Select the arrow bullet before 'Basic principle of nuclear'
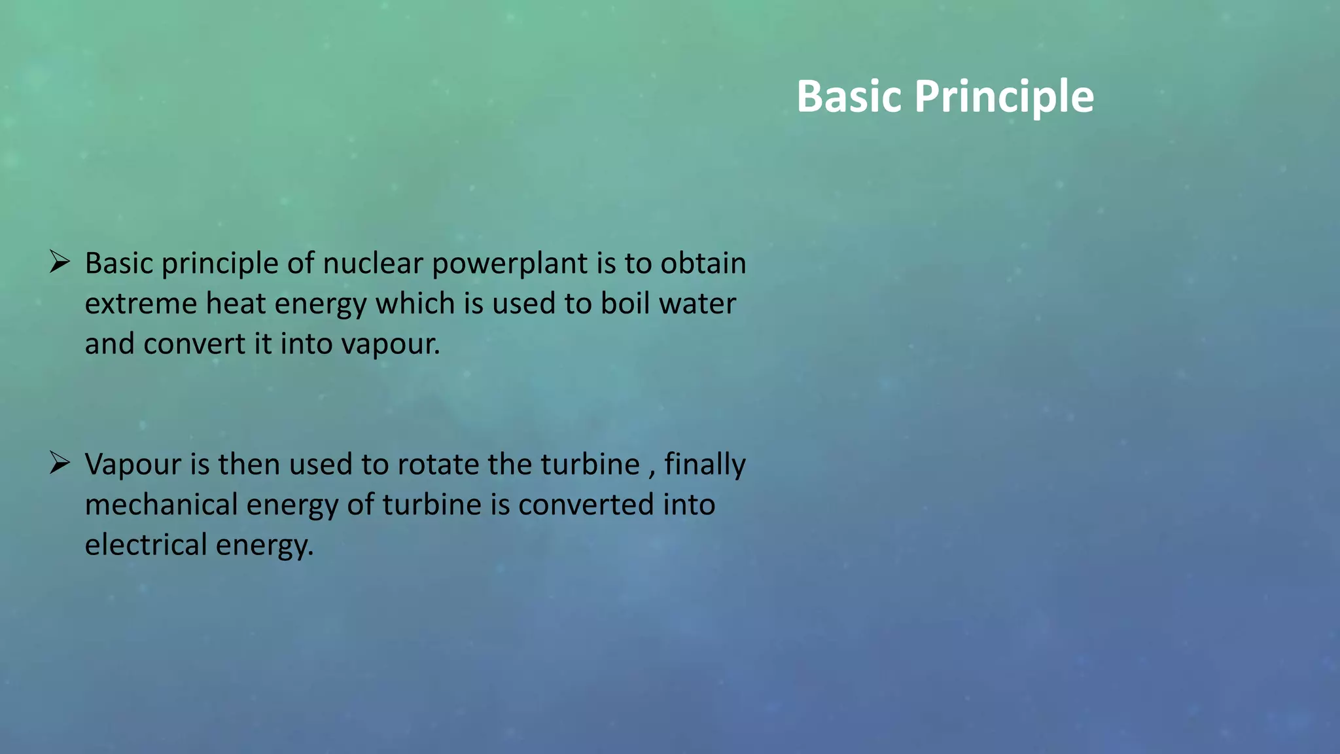pos(60,263)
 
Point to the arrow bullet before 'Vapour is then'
pos(60,464)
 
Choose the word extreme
pos(141,304)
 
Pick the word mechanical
pos(161,505)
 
